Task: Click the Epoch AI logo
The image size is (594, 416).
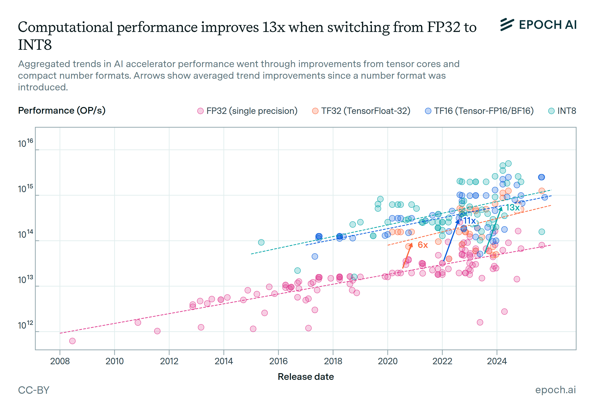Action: tap(538, 25)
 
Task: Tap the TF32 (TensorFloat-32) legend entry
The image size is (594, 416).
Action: tap(361, 111)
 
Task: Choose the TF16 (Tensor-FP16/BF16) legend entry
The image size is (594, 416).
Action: tap(479, 111)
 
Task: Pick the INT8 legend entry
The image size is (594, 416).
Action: tap(562, 111)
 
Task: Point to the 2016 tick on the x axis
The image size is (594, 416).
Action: tap(278, 361)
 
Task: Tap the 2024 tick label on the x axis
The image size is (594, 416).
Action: tap(497, 361)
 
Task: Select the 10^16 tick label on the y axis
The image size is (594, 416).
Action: tap(25, 143)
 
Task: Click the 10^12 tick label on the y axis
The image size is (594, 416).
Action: tap(25, 325)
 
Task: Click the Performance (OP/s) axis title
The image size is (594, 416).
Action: tap(62, 110)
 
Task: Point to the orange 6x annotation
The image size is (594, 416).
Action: tap(423, 245)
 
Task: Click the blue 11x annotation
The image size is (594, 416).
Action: tap(469, 221)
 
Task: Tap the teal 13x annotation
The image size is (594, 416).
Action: tap(513, 208)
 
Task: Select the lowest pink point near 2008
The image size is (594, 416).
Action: tap(73, 341)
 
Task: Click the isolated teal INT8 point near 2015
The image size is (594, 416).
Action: tap(261, 242)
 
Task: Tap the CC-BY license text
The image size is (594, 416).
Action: tap(34, 390)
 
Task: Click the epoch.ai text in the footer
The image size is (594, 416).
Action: tap(555, 390)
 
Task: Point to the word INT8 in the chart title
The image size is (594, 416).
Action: tap(35, 45)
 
